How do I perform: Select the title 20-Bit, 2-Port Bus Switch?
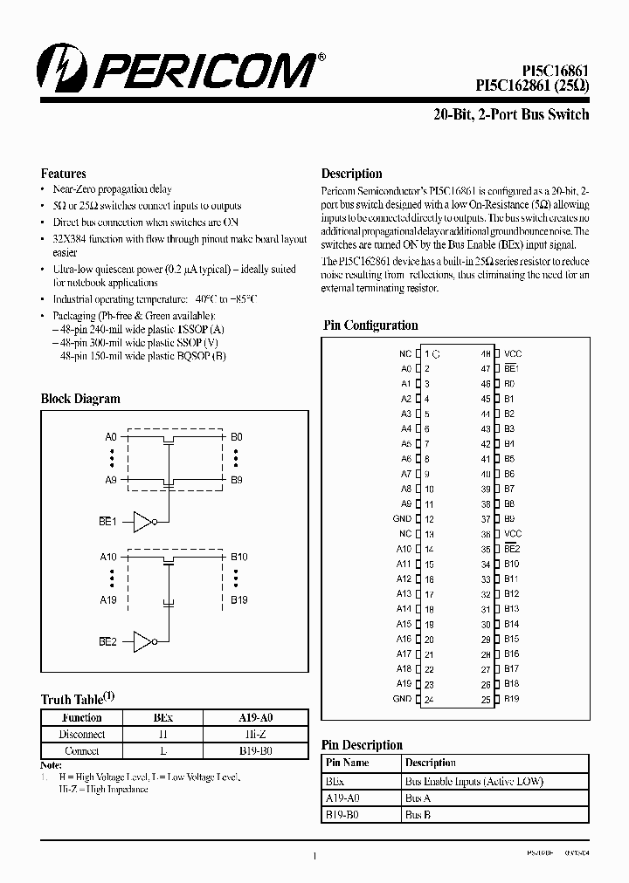tap(511, 114)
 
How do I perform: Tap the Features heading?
tap(63, 174)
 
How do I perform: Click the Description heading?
tap(351, 174)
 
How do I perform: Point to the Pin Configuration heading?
tap(370, 325)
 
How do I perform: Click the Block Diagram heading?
tap(80, 399)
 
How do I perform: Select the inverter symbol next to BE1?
tap(142, 522)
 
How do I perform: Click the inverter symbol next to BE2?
tap(142, 642)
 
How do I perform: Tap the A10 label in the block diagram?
tap(108, 557)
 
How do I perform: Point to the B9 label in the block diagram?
tap(237, 480)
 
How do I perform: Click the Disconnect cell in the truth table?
tap(82, 734)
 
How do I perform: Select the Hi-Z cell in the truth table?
tap(255, 734)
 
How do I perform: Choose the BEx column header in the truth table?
tap(162, 717)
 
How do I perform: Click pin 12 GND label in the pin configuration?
tap(402, 519)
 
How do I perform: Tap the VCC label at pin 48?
tap(513, 354)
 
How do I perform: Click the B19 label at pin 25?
tap(512, 699)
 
